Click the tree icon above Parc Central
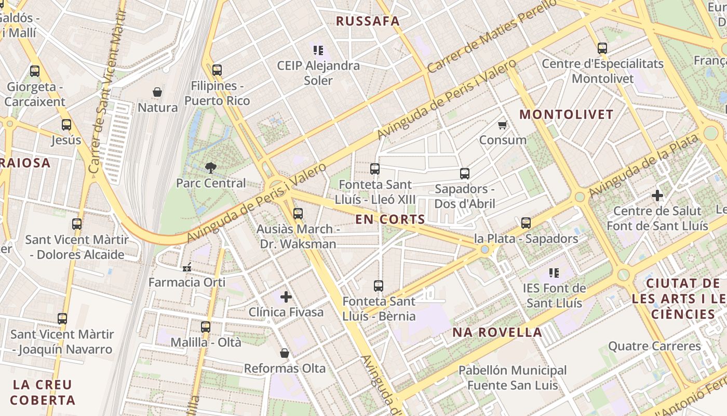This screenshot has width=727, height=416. click(210, 167)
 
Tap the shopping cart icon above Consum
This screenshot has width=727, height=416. click(502, 125)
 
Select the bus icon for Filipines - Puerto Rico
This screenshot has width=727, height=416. click(217, 70)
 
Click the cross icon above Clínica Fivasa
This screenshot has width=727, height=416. click(286, 297)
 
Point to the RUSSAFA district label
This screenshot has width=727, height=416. click(368, 21)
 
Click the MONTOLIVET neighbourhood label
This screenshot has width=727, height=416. click(567, 114)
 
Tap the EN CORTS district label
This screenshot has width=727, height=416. click(390, 219)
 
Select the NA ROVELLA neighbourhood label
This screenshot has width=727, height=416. click(497, 332)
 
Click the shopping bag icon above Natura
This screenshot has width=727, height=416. click(157, 93)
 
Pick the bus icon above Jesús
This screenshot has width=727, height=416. click(66, 125)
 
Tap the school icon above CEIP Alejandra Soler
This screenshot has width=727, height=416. click(318, 50)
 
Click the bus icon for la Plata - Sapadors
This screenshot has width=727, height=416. click(526, 223)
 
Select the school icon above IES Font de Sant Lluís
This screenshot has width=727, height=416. click(554, 272)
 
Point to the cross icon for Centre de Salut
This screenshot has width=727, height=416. click(657, 196)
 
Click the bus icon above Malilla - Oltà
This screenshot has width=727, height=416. click(206, 327)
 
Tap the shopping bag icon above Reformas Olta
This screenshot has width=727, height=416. click(285, 353)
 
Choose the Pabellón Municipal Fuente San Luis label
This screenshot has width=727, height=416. click(513, 378)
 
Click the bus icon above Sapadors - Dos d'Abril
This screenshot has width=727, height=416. click(465, 174)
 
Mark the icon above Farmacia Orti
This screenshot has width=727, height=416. click(187, 267)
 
